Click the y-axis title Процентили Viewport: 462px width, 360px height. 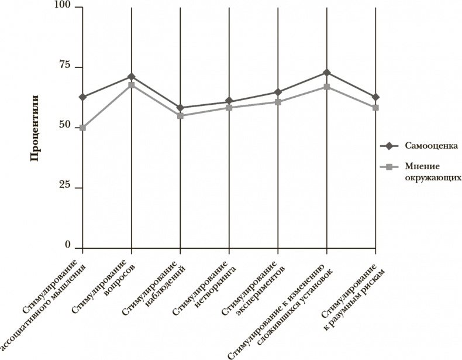coord(35,128)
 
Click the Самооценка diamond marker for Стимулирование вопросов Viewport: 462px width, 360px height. coord(132,77)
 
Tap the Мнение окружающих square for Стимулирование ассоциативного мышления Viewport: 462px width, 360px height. coord(83,128)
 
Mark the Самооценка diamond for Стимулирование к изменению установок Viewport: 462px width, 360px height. coord(326,73)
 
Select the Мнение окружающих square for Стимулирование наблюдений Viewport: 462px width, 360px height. coord(180,116)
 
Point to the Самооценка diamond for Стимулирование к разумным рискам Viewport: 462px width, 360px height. coord(375,97)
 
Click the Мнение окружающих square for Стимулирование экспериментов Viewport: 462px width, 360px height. coord(278,102)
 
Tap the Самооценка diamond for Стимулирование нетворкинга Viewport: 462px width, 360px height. coord(229,102)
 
